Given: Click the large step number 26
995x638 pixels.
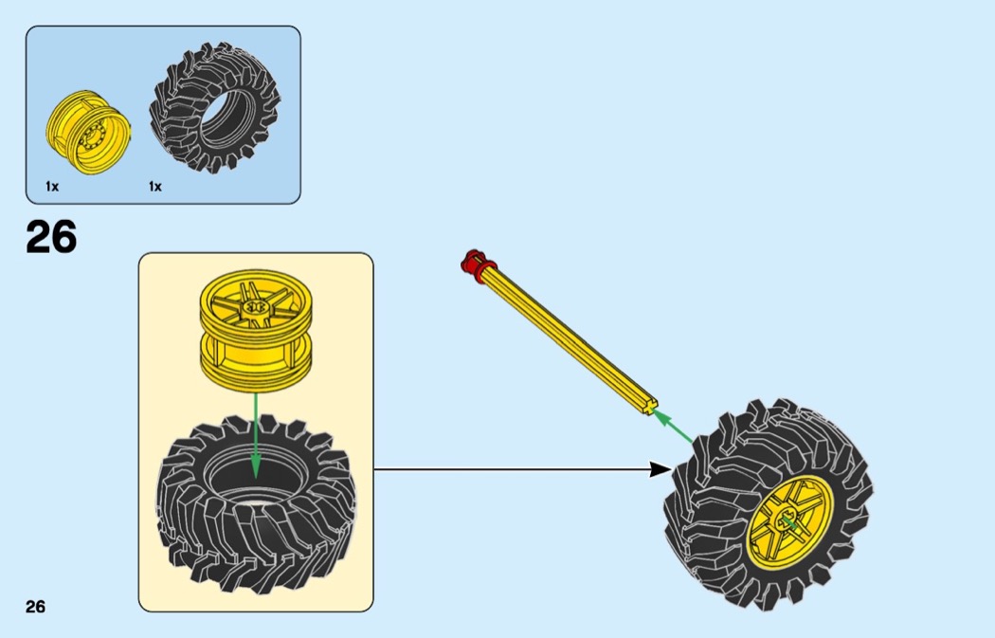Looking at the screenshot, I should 51,237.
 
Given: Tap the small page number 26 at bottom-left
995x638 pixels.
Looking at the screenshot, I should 35,607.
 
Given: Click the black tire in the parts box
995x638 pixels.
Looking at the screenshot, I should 216,106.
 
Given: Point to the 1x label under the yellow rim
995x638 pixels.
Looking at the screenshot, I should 52,187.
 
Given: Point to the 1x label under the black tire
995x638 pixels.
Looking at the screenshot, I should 155,187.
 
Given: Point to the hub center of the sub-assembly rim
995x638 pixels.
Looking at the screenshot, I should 255,308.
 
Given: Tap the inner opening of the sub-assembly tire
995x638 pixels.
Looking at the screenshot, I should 254,479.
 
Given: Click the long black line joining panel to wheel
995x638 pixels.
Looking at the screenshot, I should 512,468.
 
